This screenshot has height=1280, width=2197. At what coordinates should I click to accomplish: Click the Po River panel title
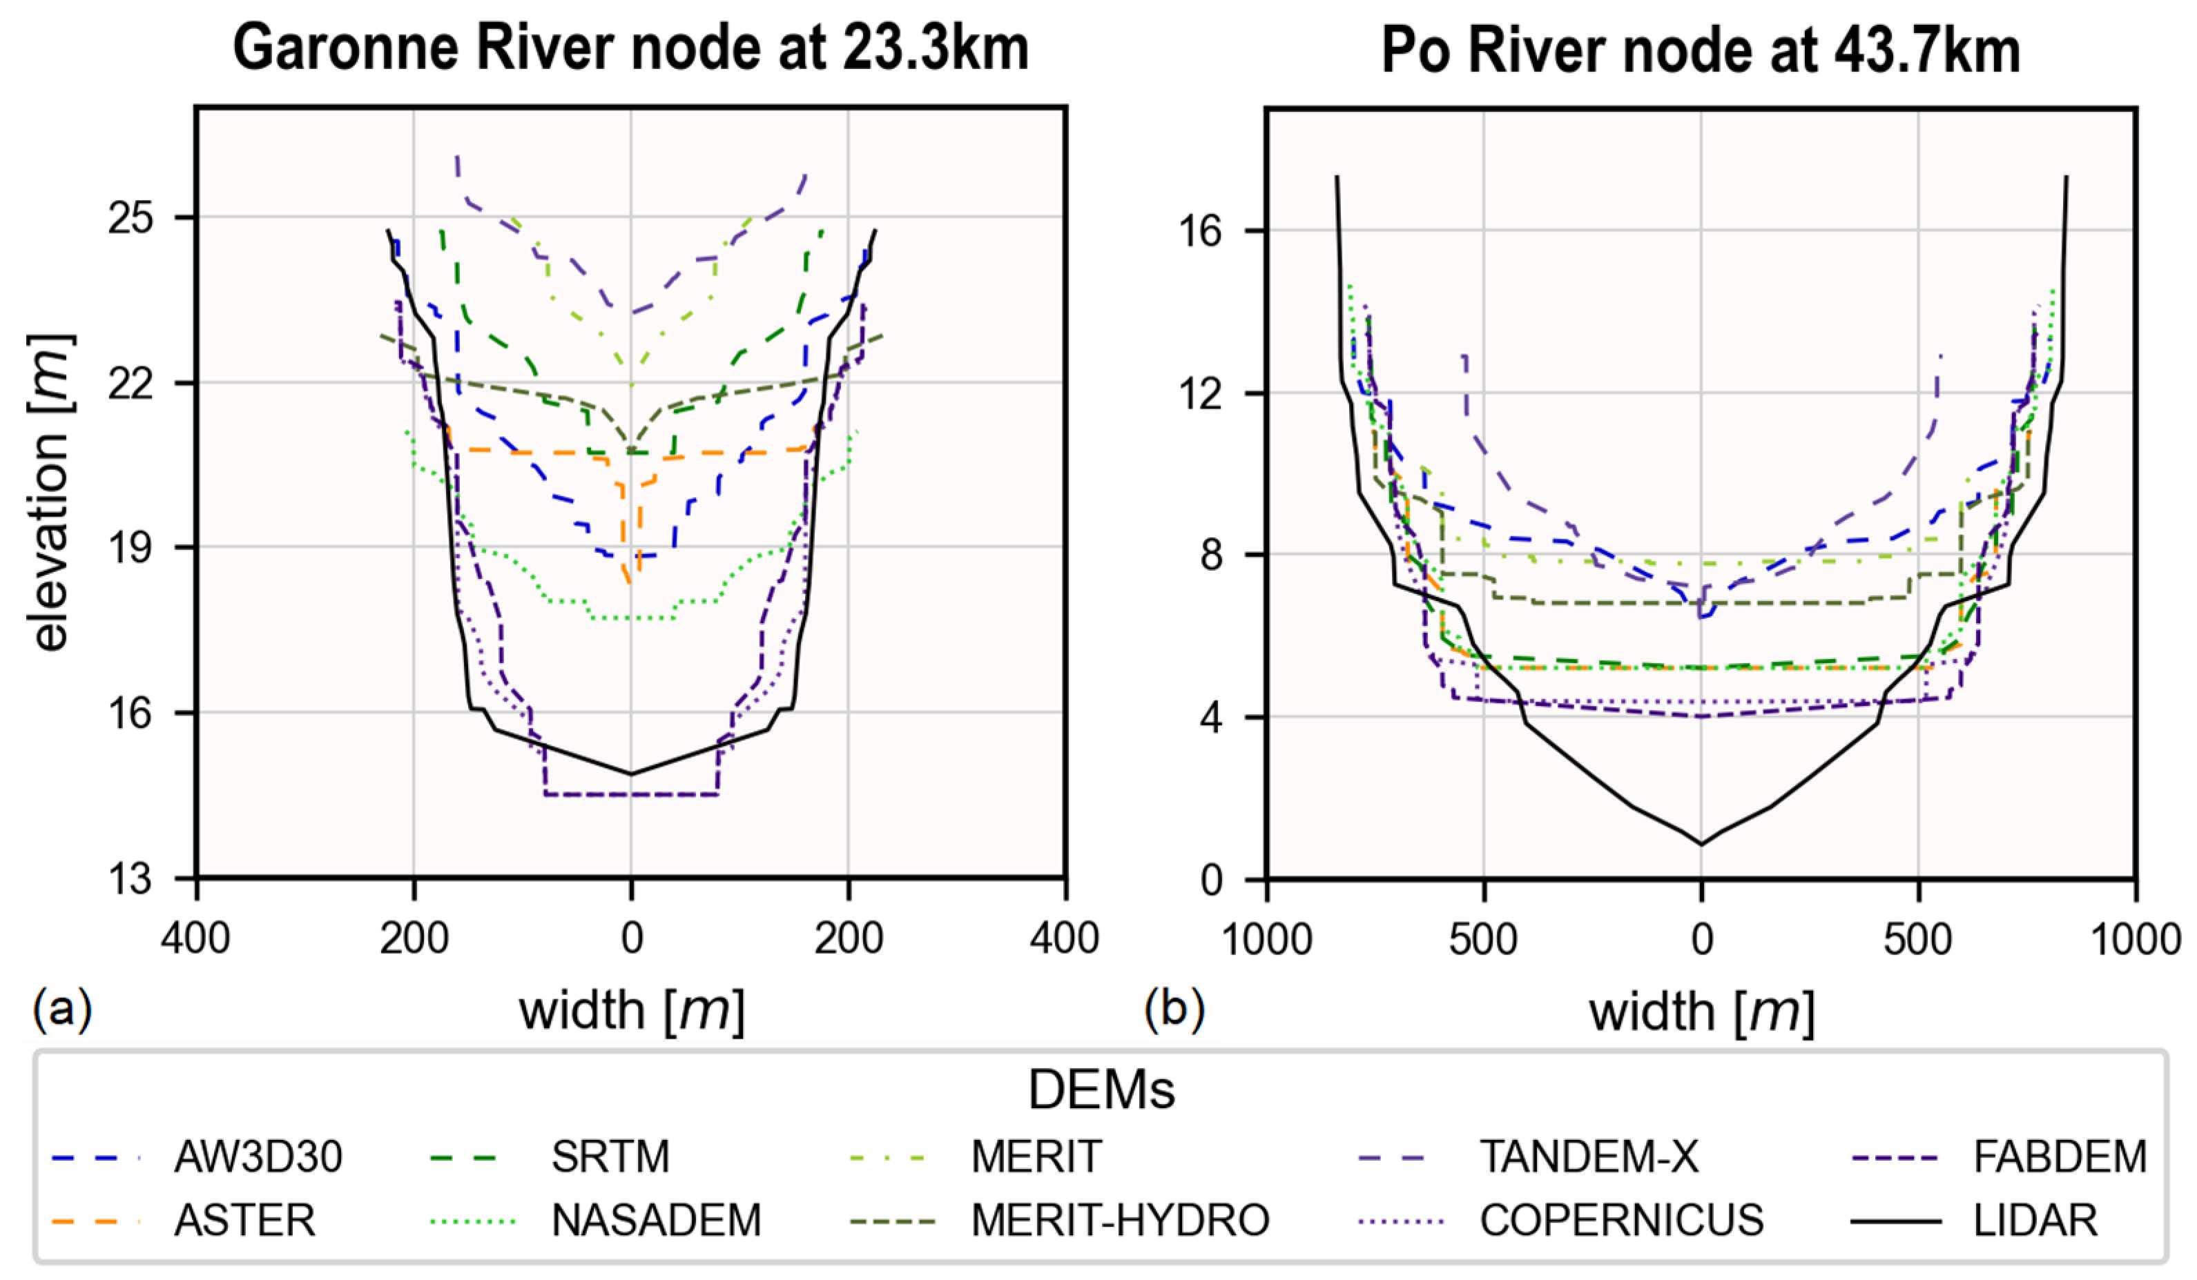point(1700,50)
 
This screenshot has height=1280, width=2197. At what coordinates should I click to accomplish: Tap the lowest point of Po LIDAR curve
point(1701,843)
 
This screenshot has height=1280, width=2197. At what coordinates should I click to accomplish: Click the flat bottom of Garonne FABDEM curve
point(631,794)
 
